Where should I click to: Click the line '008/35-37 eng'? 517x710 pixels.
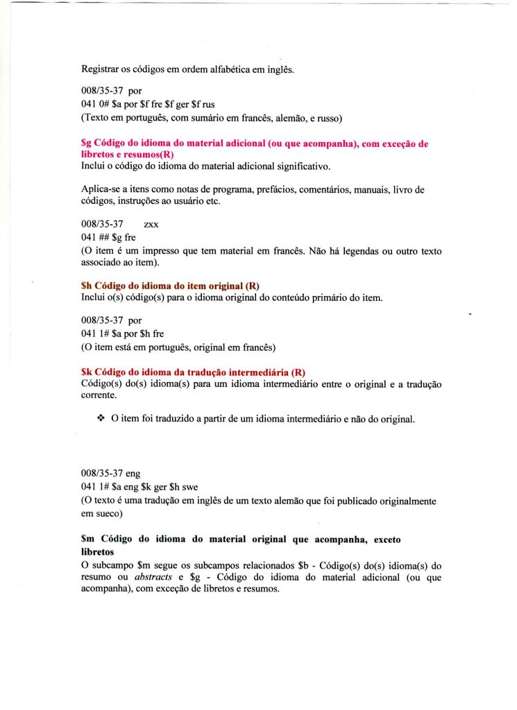tap(111, 474)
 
